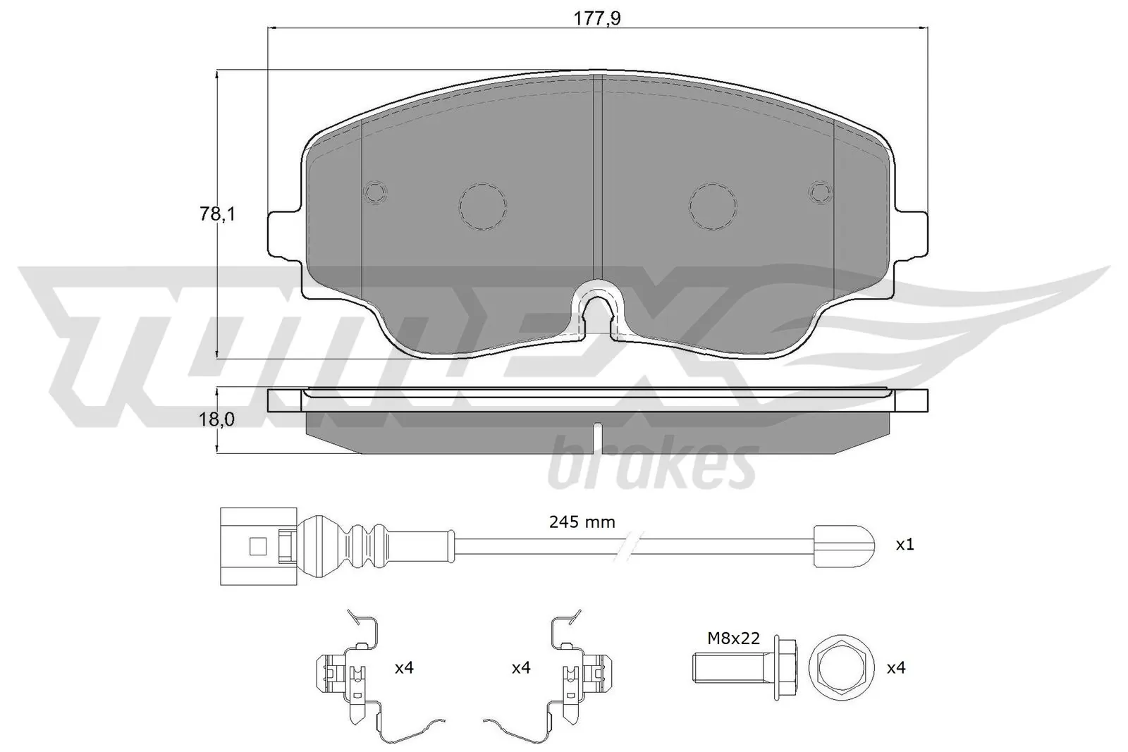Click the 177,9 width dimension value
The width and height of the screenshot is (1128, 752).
click(x=597, y=19)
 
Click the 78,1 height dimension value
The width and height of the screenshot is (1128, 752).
click(x=216, y=214)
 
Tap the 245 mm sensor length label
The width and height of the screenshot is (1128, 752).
click(x=582, y=522)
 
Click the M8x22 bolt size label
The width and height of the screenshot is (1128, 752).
click(x=734, y=639)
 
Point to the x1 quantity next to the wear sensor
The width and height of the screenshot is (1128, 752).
click(x=905, y=545)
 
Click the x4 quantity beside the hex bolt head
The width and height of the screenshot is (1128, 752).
click(x=895, y=667)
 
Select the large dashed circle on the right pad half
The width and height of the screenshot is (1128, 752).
click(x=713, y=206)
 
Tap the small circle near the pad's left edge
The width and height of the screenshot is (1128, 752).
click(x=375, y=192)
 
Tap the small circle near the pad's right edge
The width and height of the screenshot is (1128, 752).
click(x=821, y=192)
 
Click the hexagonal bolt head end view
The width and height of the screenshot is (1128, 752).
click(x=842, y=667)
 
